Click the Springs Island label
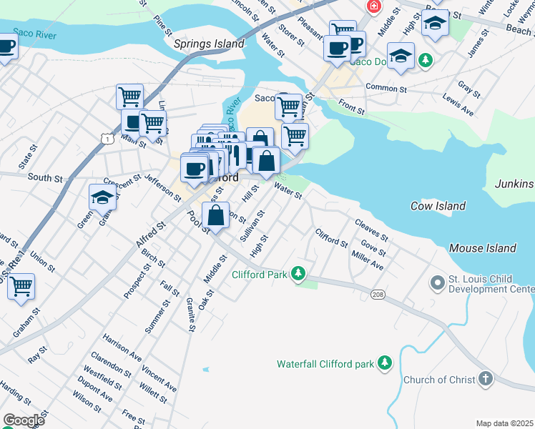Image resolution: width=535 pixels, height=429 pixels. [x=210, y=44]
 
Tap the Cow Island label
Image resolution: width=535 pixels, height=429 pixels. [x=438, y=206]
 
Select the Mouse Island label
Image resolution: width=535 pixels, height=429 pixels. [x=482, y=248]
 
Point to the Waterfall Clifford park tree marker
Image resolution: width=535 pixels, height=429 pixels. [x=385, y=363]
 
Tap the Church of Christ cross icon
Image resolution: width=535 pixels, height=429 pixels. [x=486, y=379]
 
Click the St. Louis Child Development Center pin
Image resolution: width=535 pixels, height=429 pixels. [x=436, y=283]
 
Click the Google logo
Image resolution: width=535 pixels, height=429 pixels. [x=24, y=420]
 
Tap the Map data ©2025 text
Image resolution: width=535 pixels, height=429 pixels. [x=504, y=423]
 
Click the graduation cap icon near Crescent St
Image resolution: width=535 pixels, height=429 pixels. [x=102, y=197]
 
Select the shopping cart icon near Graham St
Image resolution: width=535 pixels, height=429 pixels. [x=21, y=286]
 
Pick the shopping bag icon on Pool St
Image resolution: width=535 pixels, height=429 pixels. [x=215, y=214]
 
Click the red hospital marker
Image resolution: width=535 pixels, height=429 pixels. [x=373, y=6]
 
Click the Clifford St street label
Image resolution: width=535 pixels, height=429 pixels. [x=331, y=237]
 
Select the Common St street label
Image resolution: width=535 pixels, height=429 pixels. [x=386, y=89]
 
